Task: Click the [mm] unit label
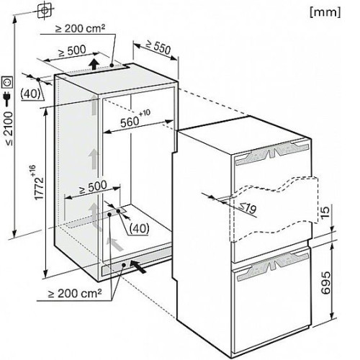(325, 12)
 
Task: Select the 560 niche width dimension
(135, 119)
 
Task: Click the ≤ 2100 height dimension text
(9, 128)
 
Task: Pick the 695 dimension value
(326, 283)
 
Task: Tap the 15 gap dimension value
(325, 213)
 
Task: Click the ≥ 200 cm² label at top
(81, 28)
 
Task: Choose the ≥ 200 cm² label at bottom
(75, 293)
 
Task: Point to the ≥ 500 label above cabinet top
(72, 51)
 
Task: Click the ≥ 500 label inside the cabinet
(93, 187)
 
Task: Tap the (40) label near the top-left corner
(30, 94)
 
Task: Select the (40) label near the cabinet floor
(139, 228)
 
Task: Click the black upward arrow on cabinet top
(94, 64)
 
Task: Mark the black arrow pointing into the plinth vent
(138, 266)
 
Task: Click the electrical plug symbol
(7, 99)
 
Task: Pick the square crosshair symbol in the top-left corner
(45, 10)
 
